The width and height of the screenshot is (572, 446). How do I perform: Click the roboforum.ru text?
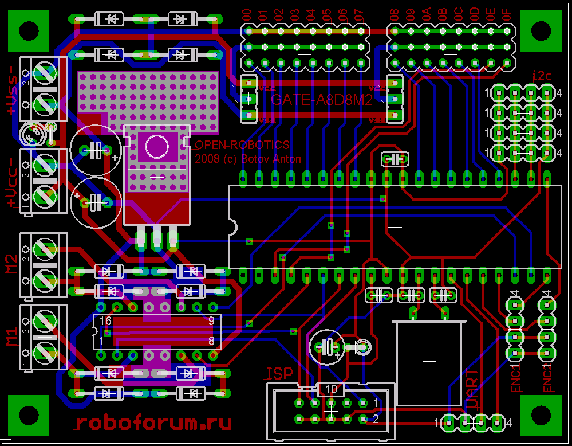tap(153, 423)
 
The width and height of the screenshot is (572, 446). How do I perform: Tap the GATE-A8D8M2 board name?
tap(322, 101)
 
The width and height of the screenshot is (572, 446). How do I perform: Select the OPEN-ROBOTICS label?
tap(243, 145)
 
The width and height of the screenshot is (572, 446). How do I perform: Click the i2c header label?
tap(542, 75)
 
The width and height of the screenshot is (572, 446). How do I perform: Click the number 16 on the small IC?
tap(106, 321)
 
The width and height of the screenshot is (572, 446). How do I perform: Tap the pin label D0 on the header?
tap(247, 15)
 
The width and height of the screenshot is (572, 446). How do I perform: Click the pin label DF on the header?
tap(507, 15)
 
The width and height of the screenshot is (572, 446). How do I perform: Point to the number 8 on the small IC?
tap(211, 341)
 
